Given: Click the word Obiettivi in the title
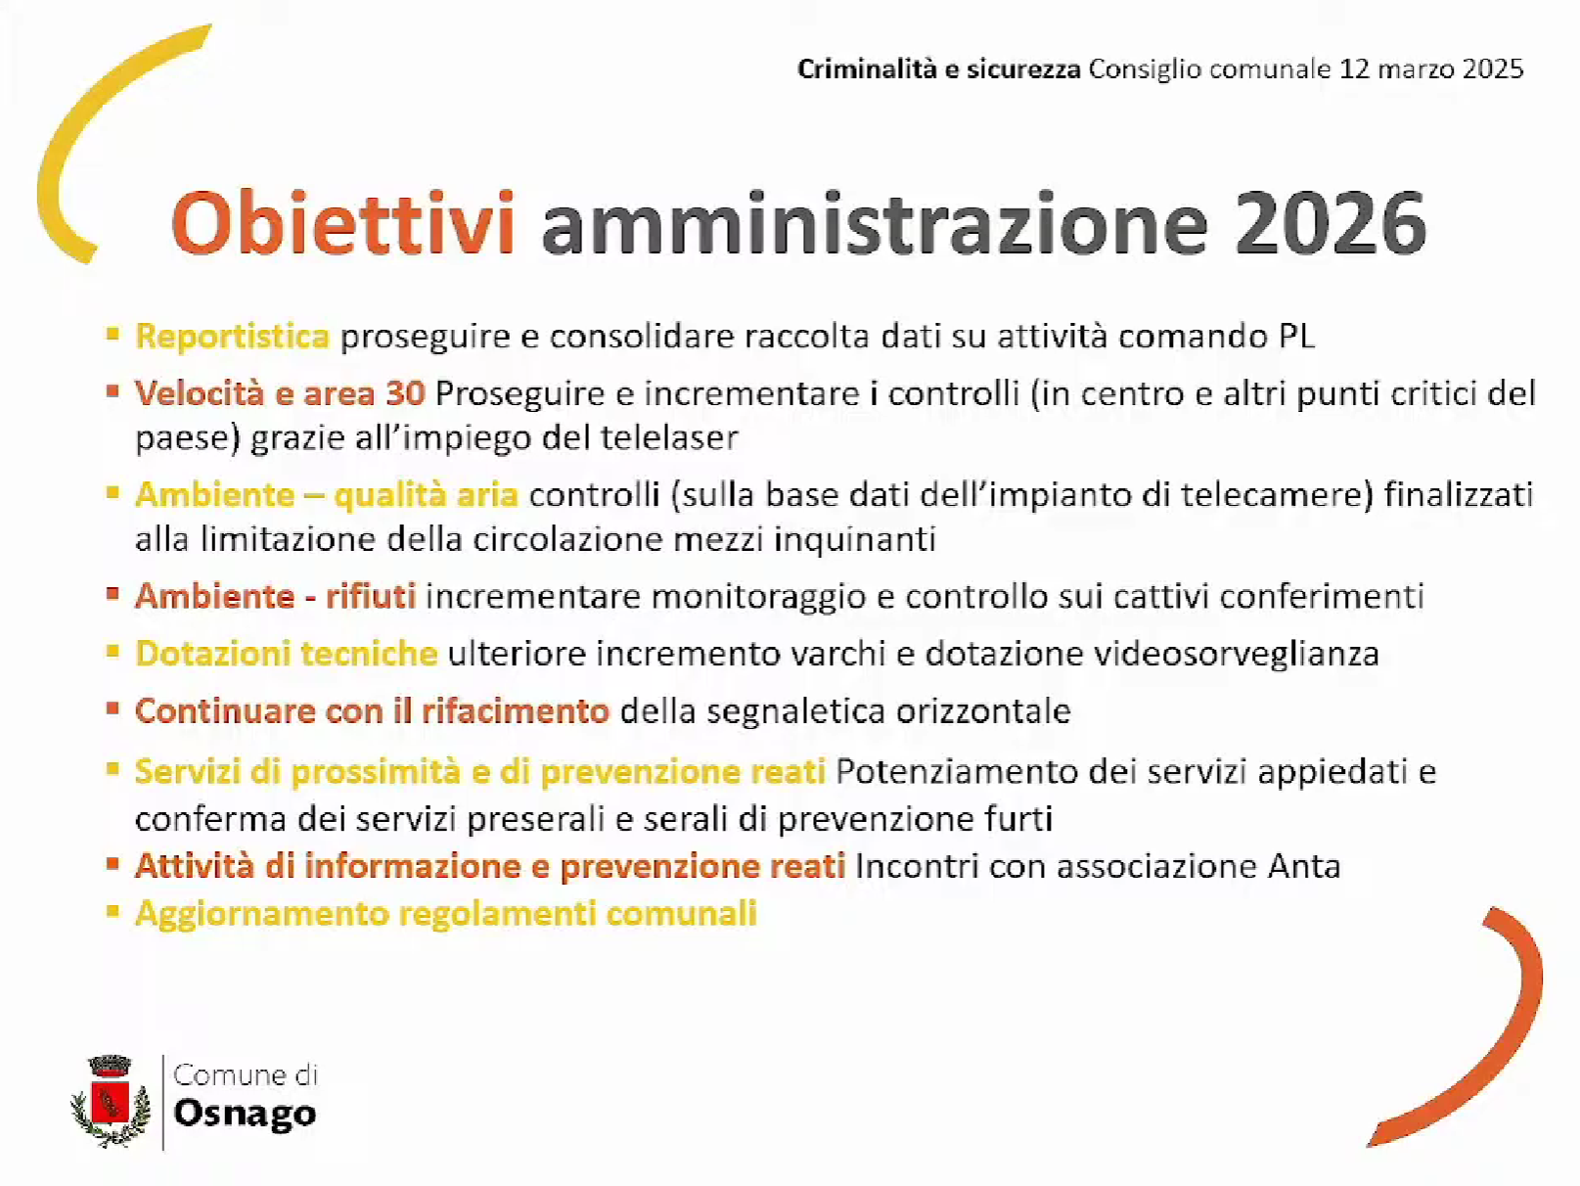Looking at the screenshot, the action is click(342, 222).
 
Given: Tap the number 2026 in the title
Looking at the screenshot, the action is click(1331, 223).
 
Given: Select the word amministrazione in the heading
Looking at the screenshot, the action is click(875, 222).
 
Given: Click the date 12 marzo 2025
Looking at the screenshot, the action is click(1431, 69).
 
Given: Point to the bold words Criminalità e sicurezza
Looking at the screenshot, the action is click(938, 69).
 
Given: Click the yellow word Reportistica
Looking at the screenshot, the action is click(233, 337).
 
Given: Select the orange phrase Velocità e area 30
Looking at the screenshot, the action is click(280, 393).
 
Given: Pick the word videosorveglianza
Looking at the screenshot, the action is click(1237, 655).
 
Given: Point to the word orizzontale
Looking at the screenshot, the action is click(983, 711).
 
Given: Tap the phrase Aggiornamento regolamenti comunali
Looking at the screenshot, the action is click(446, 914).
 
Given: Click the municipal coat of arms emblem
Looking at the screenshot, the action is click(111, 1101).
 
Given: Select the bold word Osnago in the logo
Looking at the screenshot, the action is click(245, 1113).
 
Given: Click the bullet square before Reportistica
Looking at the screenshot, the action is click(113, 334).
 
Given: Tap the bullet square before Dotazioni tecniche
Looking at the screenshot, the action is click(113, 651).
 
